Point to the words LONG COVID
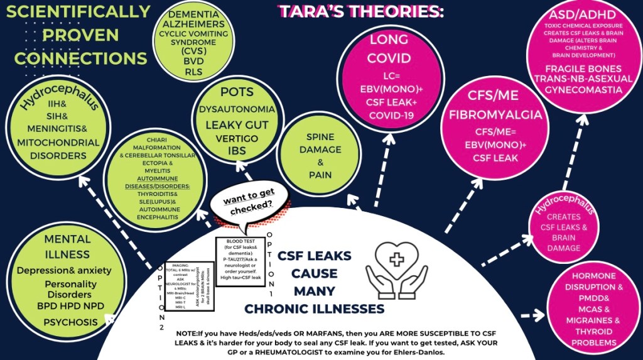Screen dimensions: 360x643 [x=389, y=49]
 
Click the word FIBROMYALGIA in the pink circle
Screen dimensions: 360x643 [x=496, y=115]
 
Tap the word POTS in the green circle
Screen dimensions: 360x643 [x=237, y=92]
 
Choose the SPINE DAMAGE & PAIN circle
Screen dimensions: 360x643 [x=320, y=155]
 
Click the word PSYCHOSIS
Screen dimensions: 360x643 [x=70, y=322]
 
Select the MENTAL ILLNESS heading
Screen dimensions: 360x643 [x=67, y=246]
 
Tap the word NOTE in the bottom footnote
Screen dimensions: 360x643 [x=187, y=332]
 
